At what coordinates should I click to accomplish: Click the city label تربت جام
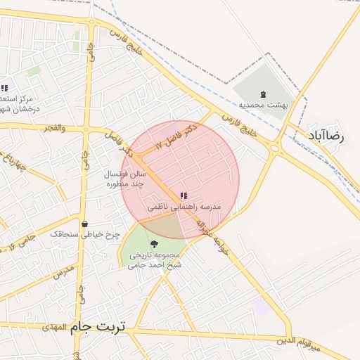98,328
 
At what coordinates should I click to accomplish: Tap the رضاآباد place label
327,136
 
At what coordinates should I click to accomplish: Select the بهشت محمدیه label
264,105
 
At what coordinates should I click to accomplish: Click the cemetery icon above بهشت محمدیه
264,94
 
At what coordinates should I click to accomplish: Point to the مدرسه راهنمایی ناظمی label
184,208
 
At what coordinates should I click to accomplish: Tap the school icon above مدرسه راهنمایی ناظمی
184,196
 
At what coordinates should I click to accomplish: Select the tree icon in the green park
155,244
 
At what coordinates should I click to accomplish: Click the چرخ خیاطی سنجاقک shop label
85,234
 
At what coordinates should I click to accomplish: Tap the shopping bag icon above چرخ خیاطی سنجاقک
85,224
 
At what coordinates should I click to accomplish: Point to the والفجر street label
53,128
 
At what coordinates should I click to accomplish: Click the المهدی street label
53,327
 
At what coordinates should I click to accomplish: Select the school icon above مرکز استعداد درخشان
4,89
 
